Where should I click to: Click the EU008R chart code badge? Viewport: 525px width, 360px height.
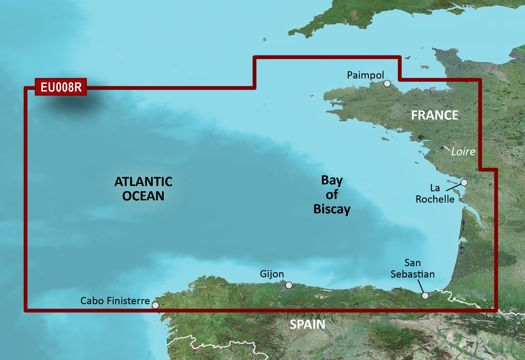coord(61,87)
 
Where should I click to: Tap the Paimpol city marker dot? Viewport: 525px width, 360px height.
coord(387,83)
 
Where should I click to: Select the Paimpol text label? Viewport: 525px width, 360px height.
coord(365,75)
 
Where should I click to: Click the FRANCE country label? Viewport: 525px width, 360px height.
coord(434,115)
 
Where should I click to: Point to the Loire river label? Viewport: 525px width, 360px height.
coord(463,152)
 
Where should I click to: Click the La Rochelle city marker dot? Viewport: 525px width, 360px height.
coord(464,182)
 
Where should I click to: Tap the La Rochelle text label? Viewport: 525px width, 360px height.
coord(435,194)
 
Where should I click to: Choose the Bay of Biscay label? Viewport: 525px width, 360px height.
coord(332,195)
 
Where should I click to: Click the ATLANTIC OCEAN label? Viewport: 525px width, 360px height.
coord(143,189)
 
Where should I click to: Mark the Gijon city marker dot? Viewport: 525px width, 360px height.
coord(289,285)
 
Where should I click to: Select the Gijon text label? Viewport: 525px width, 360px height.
coord(272,274)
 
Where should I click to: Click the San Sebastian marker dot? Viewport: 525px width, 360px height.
coord(425,296)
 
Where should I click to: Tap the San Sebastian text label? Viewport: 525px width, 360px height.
coord(413,269)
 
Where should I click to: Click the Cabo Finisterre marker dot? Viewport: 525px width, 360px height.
coord(155,305)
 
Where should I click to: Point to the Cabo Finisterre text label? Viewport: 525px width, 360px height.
coord(115,301)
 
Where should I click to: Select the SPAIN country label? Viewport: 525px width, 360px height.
coord(307,325)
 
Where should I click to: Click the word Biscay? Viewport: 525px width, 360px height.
coord(332,209)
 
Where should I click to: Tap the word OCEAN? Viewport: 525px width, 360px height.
coord(143,196)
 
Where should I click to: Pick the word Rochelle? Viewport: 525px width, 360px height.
coord(435,199)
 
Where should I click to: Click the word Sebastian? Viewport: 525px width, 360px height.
coord(413,274)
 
